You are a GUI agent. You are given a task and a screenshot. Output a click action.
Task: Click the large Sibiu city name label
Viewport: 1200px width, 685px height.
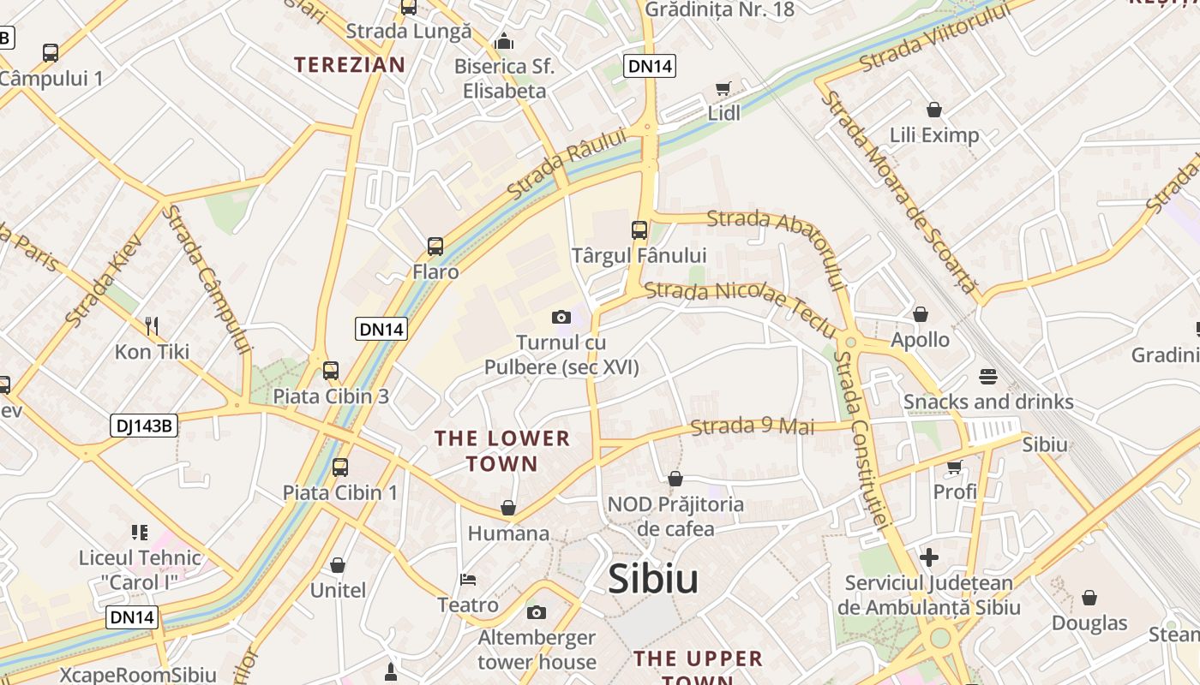click(653, 580)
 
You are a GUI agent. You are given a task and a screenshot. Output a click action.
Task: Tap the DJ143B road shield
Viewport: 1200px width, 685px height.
click(143, 426)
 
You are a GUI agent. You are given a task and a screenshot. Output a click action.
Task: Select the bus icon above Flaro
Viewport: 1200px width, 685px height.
click(435, 247)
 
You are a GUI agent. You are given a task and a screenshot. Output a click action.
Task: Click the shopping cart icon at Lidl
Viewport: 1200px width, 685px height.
click(723, 89)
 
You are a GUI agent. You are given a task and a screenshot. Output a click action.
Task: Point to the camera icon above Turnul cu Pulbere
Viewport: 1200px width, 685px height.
click(561, 318)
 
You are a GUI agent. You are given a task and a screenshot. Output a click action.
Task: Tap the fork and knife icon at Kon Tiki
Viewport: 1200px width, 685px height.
click(152, 325)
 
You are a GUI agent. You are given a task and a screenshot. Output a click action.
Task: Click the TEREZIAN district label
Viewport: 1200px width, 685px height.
click(350, 64)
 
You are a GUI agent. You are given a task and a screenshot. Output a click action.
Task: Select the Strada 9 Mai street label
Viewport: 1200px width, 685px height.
click(753, 426)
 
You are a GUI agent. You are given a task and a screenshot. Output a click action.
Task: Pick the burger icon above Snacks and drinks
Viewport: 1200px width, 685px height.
click(987, 377)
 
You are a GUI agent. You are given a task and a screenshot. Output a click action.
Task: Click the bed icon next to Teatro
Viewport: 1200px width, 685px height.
click(468, 580)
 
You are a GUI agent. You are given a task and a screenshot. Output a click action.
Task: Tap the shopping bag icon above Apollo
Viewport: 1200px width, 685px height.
click(921, 315)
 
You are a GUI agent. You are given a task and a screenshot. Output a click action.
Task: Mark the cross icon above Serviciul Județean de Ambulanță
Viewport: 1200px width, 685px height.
click(929, 558)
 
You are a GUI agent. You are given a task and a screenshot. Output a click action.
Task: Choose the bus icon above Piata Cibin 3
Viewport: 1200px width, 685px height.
click(331, 371)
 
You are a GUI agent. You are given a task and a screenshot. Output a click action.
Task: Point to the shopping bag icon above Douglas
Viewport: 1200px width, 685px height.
click(1089, 598)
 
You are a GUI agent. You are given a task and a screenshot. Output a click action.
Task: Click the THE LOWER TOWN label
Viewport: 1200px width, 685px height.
click(501, 451)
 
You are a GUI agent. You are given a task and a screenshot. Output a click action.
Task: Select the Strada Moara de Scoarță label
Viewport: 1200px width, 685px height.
click(898, 192)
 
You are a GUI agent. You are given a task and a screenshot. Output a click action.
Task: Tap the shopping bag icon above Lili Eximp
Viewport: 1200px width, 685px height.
click(934, 110)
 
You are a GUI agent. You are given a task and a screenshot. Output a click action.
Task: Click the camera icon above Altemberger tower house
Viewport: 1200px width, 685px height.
click(537, 612)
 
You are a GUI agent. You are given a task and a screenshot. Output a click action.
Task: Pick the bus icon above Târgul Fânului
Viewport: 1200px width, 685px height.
click(639, 229)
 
